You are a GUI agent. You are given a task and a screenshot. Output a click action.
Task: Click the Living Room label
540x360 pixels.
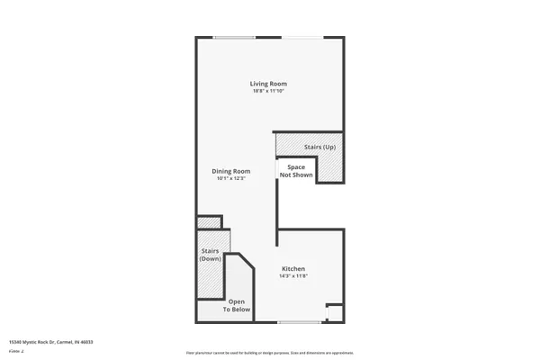268,84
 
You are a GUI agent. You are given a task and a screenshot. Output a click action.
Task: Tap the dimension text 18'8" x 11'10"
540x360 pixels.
268,90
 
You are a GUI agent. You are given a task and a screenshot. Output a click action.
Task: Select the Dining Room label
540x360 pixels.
230,171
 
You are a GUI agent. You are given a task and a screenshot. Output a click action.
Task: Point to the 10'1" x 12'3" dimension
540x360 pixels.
230,178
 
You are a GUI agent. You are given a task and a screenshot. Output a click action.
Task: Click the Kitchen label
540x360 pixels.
293,269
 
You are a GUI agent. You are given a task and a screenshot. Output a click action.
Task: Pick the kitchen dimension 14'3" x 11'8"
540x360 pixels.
293,276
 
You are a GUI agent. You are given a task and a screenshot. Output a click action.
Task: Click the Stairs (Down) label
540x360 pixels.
211,256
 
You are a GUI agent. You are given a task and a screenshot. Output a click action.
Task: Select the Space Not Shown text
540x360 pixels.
296,171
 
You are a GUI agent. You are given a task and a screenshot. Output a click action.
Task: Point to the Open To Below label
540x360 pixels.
238,305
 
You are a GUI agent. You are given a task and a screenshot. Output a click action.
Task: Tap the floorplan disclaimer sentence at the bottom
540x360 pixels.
270,353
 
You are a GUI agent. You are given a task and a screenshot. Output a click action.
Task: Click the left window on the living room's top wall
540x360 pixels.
233,37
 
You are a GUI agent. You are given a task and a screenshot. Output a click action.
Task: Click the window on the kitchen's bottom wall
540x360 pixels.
299,321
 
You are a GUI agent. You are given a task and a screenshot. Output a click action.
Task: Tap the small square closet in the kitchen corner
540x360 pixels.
335,312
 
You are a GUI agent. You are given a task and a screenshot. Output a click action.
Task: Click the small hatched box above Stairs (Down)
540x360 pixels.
210,222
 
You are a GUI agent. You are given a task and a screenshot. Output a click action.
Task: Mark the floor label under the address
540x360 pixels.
14,350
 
